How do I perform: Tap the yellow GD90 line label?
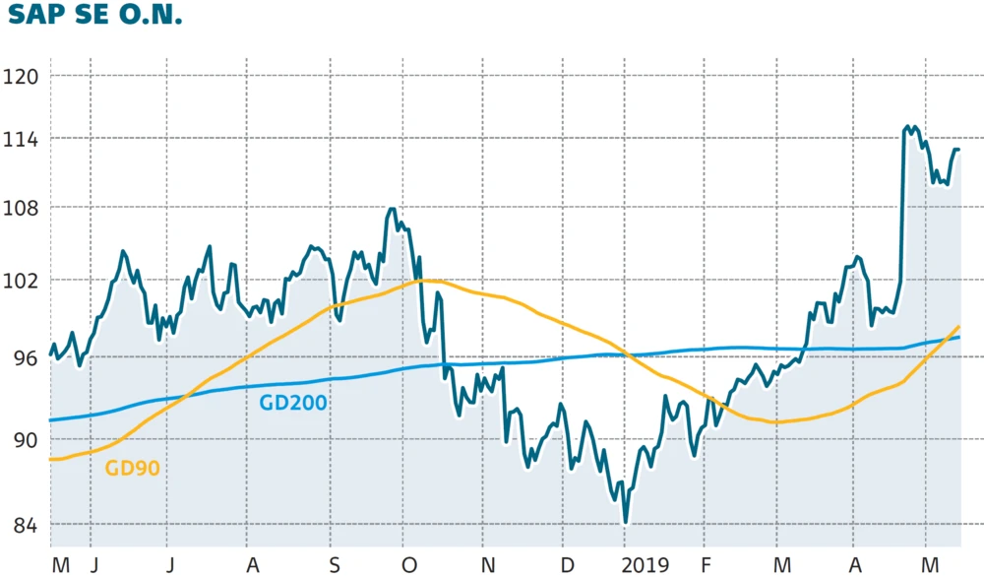point(132,468)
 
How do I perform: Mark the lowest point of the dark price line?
point(625,522)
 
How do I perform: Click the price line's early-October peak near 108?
point(393,209)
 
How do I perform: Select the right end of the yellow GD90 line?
point(958,326)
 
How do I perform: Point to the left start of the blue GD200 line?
point(51,420)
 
